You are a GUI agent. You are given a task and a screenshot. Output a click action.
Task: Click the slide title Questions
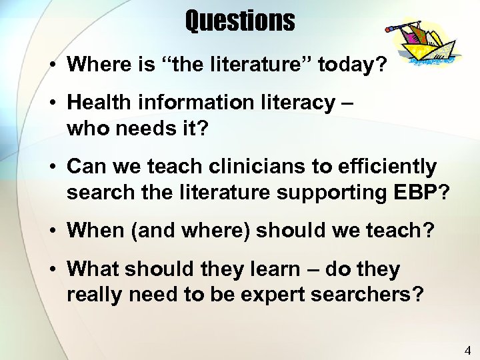tap(239, 21)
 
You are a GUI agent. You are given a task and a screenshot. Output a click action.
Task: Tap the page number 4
tap(467, 349)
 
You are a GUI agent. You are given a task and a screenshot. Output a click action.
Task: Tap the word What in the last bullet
tap(92, 269)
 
